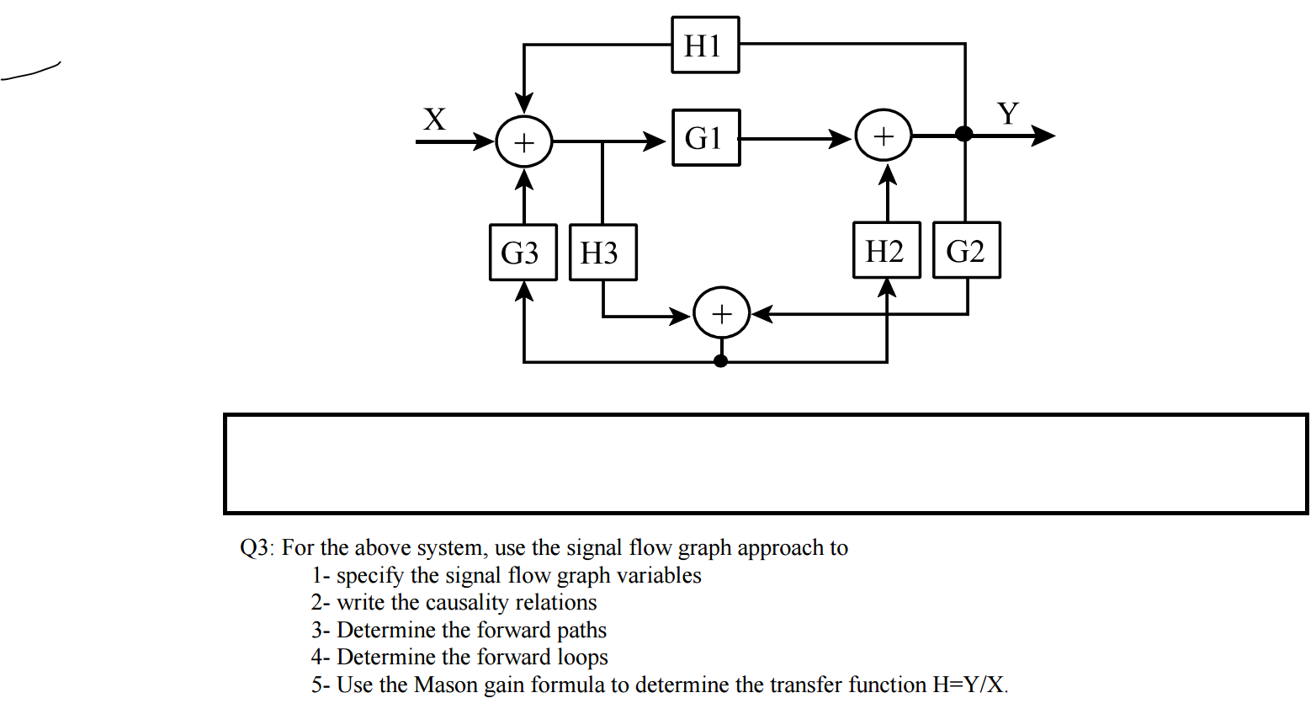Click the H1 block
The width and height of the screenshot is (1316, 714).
pyautogui.click(x=705, y=45)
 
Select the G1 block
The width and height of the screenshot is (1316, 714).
pyautogui.click(x=705, y=137)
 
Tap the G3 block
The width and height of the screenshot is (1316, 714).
pyautogui.click(x=523, y=252)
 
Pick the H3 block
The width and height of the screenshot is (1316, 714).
pyautogui.click(x=602, y=252)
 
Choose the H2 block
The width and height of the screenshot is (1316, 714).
pyautogui.click(x=886, y=250)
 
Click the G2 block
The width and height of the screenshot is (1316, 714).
pyautogui.click(x=966, y=250)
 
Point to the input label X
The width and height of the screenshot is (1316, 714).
pyautogui.click(x=434, y=120)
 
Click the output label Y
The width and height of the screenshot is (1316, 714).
pyautogui.click(x=1008, y=113)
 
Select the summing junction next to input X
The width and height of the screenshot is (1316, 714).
pyautogui.click(x=523, y=141)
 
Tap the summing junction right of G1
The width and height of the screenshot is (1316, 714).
pyautogui.click(x=883, y=136)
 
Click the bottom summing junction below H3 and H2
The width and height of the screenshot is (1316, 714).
pyautogui.click(x=721, y=313)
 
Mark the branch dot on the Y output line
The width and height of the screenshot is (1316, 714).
pyautogui.click(x=964, y=134)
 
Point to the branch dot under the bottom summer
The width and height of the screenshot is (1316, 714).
pyautogui.click(x=720, y=361)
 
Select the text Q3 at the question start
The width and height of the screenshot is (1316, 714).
pyautogui.click(x=253, y=548)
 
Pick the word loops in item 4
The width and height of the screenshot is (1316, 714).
pyautogui.click(x=582, y=658)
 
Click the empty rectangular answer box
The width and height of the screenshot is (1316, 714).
pyautogui.click(x=765, y=463)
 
